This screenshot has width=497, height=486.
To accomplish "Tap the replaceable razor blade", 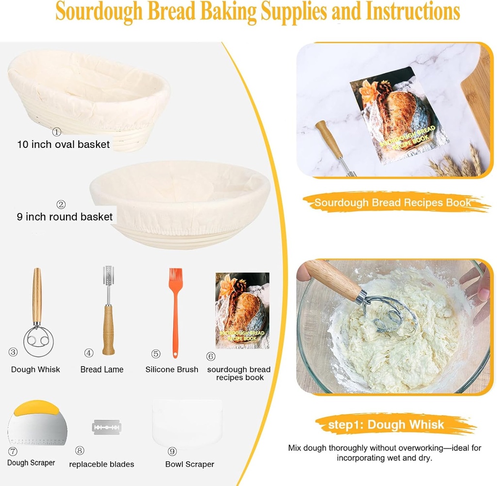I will [106, 427].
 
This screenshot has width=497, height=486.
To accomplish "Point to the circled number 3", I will [13, 352].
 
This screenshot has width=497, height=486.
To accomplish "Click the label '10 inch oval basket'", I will [63, 144].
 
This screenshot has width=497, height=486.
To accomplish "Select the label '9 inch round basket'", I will [65, 217].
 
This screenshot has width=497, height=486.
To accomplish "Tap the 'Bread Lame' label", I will [102, 370].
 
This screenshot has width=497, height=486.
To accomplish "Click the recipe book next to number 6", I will [242, 310].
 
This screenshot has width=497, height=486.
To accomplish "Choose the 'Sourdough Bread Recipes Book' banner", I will [392, 203].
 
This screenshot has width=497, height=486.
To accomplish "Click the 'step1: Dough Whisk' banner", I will [386, 425].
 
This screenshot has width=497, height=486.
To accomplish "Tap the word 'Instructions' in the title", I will [413, 12].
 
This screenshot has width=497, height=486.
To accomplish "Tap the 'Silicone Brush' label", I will [172, 370].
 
